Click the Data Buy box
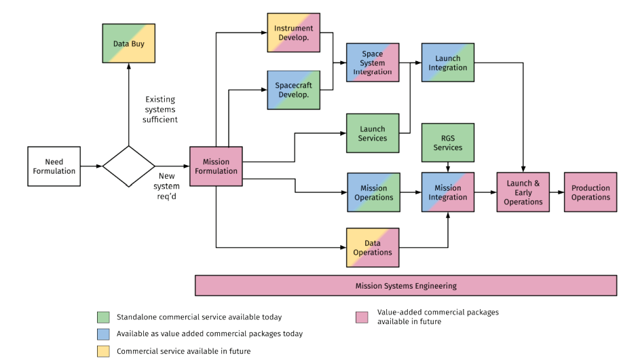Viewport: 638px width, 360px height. coord(128,43)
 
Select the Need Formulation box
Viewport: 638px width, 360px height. coord(54,166)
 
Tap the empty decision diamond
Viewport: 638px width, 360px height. coord(128,166)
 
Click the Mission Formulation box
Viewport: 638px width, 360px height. coord(216,166)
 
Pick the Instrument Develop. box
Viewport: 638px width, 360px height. coord(293,33)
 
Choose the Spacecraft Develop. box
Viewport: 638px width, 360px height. coord(293,90)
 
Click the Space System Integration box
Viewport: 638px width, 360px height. coord(373,62)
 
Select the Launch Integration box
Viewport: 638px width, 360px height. coord(448,62)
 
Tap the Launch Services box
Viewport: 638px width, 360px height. coord(373,133)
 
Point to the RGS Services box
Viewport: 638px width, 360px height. coord(448,143)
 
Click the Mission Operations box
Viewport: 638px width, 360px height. coord(373,192)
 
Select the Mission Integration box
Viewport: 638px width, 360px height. coord(448,192)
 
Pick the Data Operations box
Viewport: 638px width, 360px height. coord(373,248)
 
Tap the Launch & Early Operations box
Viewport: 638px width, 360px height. coord(523,192)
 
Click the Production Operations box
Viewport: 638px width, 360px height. coord(590,192)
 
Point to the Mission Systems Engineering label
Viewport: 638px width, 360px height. coord(406,286)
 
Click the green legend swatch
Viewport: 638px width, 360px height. coord(103,317)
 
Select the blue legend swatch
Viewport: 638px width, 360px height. coord(103,334)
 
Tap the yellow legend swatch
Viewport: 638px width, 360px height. coord(103,351)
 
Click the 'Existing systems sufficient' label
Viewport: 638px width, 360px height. coord(160,109)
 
